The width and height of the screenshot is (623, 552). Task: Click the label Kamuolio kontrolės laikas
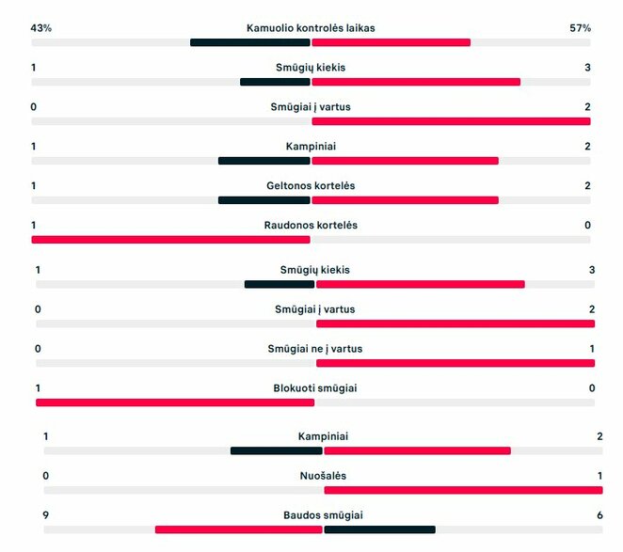coord(311,28)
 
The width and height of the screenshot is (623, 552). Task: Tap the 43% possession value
coord(41,28)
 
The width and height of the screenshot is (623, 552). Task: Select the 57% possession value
coord(581,28)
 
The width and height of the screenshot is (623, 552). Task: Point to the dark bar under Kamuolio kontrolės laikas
coord(250,42)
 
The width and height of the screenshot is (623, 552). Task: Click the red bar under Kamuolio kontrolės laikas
coord(391,42)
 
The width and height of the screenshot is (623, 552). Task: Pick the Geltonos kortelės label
coord(311,186)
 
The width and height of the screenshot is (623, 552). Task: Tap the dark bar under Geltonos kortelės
coord(264,200)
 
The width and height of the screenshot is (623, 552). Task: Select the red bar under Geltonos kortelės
coord(405,200)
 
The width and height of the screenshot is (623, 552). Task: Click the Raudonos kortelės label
coord(311,226)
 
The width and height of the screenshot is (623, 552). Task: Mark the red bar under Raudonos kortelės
coord(170,240)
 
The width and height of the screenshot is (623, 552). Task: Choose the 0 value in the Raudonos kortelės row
coord(587,226)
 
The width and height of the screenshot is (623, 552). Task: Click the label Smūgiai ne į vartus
coord(314,349)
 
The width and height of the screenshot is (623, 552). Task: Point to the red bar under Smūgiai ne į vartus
coord(455,363)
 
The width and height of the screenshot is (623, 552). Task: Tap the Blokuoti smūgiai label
coord(314,388)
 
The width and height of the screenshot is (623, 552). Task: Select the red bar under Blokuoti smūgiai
coord(175,402)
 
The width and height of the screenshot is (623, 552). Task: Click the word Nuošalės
coord(323,476)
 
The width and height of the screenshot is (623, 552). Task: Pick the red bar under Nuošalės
coord(463,490)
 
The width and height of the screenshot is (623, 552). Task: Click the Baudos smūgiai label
coord(323,515)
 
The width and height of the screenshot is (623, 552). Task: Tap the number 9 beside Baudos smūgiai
coord(46,515)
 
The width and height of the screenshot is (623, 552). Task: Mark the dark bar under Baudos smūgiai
coord(379,529)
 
